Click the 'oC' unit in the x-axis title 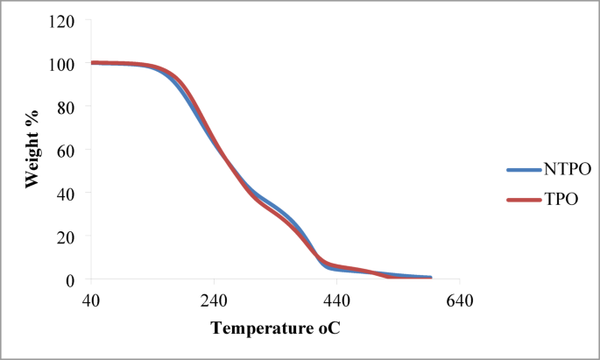point(321,330)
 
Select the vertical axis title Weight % point(32,150)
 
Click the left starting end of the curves point(92,63)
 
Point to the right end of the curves point(429,278)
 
